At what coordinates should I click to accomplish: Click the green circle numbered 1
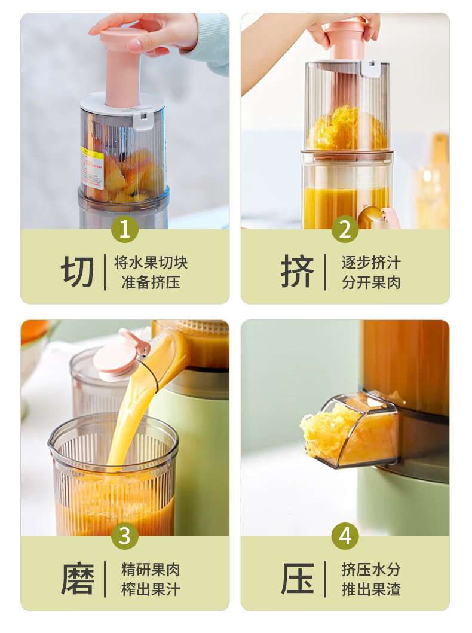124,229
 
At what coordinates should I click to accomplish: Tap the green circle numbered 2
345,229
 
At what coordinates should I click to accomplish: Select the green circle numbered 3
124,535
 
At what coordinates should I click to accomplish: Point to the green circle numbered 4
345,535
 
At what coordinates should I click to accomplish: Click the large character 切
78,272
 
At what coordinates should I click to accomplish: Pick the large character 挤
298,272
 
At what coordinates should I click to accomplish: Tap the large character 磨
78,579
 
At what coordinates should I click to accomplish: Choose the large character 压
298,579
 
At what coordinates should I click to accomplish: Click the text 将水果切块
151,263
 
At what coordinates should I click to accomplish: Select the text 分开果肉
371,282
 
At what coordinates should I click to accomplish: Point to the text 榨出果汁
151,589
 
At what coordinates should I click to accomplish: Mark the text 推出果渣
371,589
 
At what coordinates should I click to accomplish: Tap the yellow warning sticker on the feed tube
92,169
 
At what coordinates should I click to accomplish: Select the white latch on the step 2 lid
371,69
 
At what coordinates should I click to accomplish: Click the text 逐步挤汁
371,263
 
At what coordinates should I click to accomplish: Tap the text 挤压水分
371,569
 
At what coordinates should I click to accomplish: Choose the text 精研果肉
151,569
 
